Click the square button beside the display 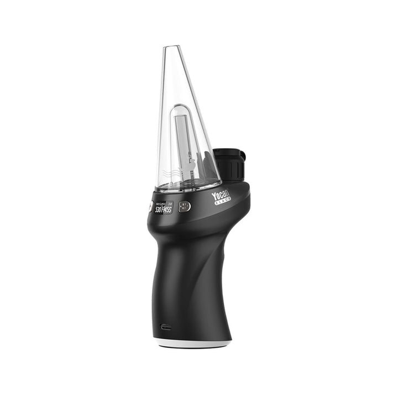(x=185, y=206)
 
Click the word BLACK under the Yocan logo (x=223, y=202)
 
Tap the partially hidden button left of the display (x=150, y=206)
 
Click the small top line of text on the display (x=164, y=203)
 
